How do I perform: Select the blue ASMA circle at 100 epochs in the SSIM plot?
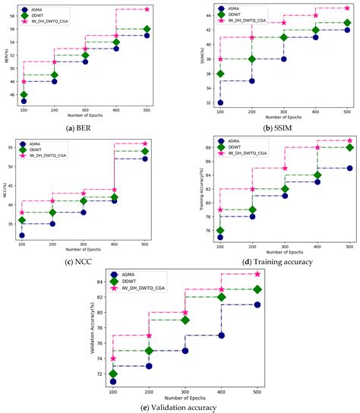[219, 102]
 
